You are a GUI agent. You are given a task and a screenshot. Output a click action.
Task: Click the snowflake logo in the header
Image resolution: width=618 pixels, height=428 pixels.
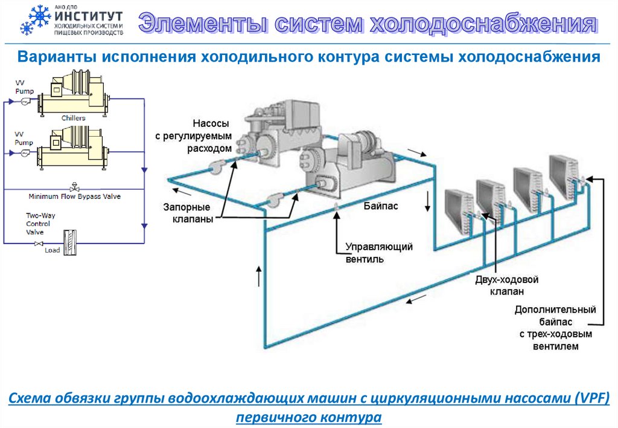[x=35, y=20]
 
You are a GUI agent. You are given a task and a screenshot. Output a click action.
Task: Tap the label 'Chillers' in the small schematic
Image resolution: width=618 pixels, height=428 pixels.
[x=74, y=118]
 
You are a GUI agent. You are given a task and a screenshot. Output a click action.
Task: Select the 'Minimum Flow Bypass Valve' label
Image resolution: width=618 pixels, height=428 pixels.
[x=75, y=196]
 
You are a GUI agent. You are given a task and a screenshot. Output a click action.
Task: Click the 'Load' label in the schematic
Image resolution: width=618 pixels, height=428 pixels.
[x=53, y=250]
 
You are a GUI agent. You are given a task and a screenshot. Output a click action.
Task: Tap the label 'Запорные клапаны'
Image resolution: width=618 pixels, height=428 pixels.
[x=188, y=213]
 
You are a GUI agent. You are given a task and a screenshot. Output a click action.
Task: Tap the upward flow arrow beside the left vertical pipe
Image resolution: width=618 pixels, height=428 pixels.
[x=260, y=276]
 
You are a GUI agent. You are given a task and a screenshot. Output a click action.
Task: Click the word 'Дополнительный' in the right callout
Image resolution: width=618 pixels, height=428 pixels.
[x=555, y=310]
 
